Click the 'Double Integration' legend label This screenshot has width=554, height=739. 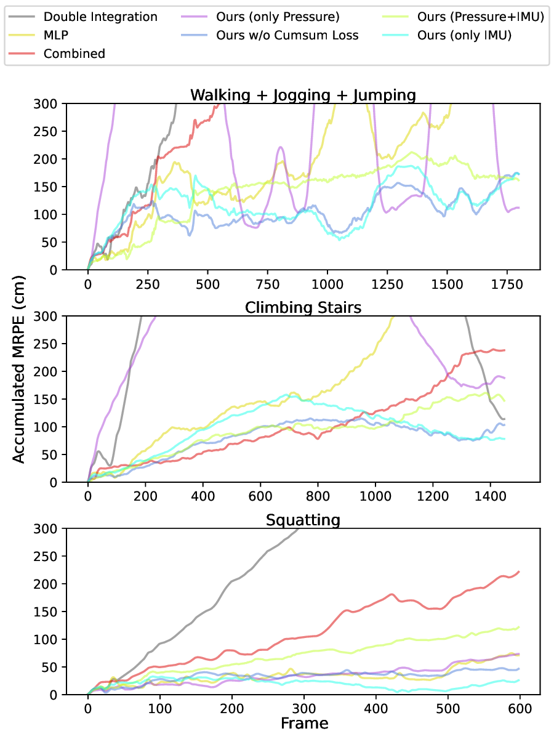coord(100,17)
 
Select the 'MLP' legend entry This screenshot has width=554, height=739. coord(56,35)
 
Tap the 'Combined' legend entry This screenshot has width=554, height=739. coord(74,54)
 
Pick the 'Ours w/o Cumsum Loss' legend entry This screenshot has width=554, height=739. coord(287,35)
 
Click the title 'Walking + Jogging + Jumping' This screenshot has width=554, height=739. coord(303,95)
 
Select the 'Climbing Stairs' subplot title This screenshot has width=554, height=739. coord(303,307)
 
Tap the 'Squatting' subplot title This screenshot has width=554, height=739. coord(303,520)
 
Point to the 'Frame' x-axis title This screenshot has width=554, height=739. coord(303,722)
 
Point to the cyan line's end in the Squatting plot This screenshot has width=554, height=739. coord(519,680)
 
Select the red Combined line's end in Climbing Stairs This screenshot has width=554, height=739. coord(505,350)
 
